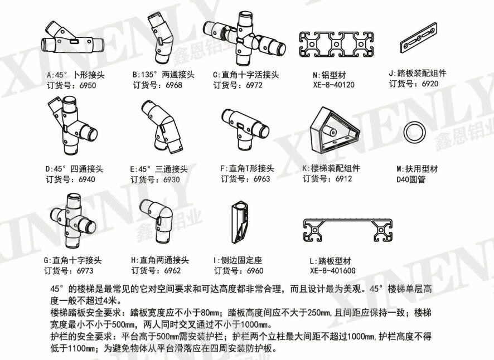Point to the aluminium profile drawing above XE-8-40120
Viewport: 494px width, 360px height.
pos(336,44)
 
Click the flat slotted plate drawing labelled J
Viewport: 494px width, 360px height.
pos(419,37)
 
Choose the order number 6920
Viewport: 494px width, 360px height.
pos(430,84)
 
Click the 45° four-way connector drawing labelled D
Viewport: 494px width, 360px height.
pos(72,126)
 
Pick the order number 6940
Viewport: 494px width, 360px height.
pos(86,179)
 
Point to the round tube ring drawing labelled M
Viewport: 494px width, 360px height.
pos(415,132)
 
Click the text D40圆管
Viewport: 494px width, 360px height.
pos(411,179)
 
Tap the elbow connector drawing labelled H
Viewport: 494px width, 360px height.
pos(157,221)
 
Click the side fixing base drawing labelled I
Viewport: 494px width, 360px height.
pos(240,222)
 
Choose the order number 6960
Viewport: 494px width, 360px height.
pos(255,271)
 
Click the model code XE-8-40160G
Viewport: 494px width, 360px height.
pos(333,271)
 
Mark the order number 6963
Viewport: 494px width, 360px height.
pos(262,179)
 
